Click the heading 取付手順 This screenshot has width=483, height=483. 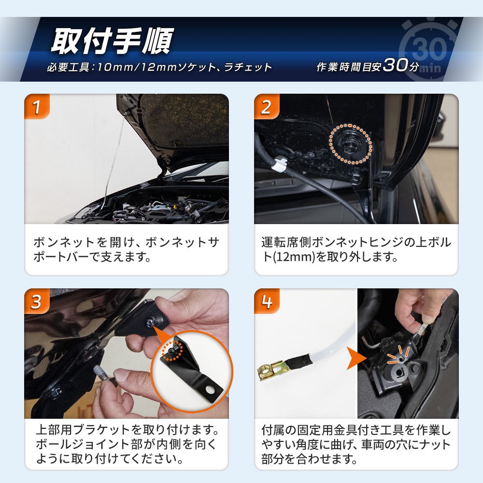pyautogui.click(x=112, y=41)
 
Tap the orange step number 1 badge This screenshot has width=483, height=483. pyautogui.click(x=37, y=107)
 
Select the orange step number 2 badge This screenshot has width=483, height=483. pyautogui.click(x=267, y=107)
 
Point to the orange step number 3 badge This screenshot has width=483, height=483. pyautogui.click(x=37, y=301)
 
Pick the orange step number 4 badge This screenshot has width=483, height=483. pyautogui.click(x=267, y=301)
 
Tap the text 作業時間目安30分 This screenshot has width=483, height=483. pyautogui.click(x=368, y=65)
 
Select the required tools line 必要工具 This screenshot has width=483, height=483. pyautogui.click(x=159, y=67)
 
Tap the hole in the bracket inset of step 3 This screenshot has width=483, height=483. pyautogui.click(x=211, y=389)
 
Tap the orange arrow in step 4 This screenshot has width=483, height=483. pyautogui.click(x=355, y=358)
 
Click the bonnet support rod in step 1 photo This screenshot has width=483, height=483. pyautogui.click(x=114, y=157)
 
